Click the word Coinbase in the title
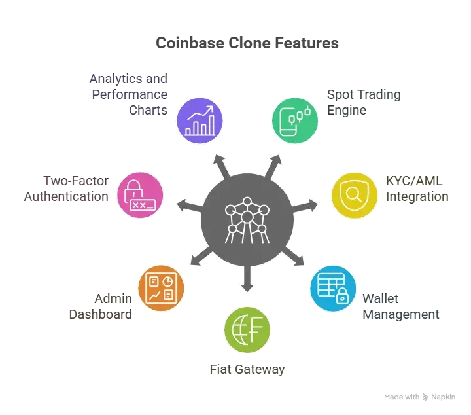click(190, 43)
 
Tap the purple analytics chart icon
click(200, 120)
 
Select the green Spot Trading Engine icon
click(295, 120)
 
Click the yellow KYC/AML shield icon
click(355, 195)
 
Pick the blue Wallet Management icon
click(333, 288)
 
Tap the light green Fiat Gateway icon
click(247, 330)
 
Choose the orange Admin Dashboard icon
click(161, 288)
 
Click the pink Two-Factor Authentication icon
click(140, 195)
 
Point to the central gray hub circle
click(247, 220)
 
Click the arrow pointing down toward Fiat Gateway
click(247, 279)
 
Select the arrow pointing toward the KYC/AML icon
click(305, 206)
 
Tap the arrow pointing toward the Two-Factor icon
click(190, 206)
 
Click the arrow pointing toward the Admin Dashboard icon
click(201, 257)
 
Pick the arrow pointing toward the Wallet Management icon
click(293, 257)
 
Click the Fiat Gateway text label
click(247, 369)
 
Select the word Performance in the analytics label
click(130, 94)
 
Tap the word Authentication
click(66, 196)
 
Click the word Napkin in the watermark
click(443, 397)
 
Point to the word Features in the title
click(307, 43)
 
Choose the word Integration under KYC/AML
click(417, 197)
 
